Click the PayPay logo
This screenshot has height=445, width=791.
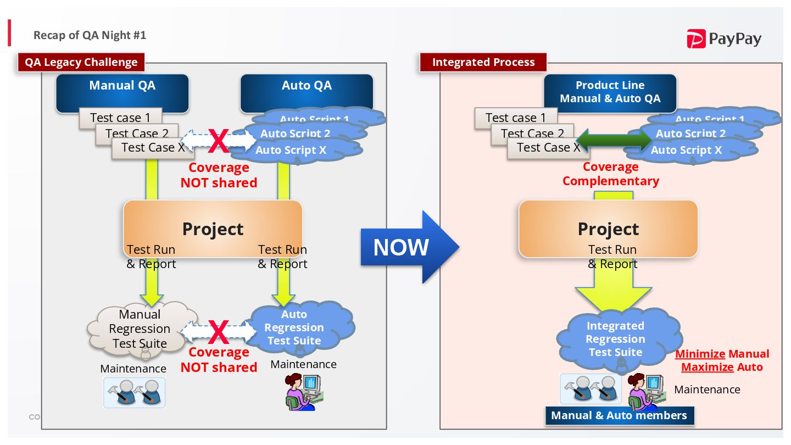(x=723, y=39)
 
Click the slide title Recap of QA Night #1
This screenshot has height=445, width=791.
(x=90, y=35)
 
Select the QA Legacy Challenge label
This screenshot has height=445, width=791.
(x=81, y=62)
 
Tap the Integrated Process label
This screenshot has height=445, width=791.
(x=483, y=62)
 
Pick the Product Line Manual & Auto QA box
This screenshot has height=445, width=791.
(x=610, y=92)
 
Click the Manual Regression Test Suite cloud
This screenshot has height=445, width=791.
(x=140, y=329)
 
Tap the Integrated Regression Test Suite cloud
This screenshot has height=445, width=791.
(x=615, y=339)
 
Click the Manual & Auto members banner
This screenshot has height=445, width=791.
(x=619, y=415)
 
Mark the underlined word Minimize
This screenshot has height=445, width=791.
(x=700, y=354)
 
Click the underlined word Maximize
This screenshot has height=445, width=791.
(x=707, y=367)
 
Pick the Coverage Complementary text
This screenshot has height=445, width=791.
(x=610, y=174)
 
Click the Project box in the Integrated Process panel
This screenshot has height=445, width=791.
(x=608, y=229)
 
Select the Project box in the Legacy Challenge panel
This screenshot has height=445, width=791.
(x=213, y=229)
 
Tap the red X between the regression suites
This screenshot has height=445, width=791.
(x=218, y=332)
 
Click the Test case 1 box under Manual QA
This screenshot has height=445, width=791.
(x=120, y=118)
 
